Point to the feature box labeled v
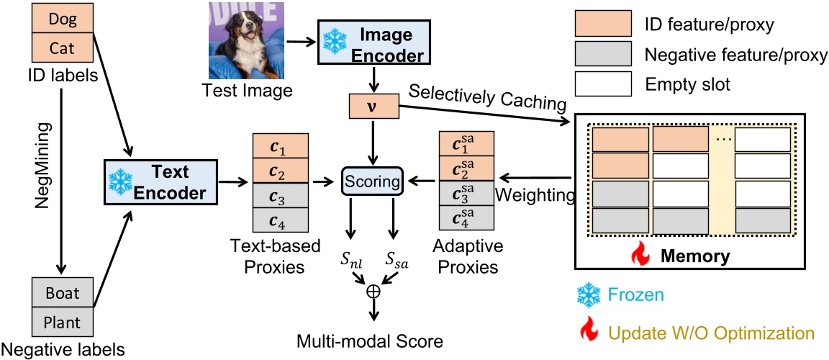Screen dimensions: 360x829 pos(373,108)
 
